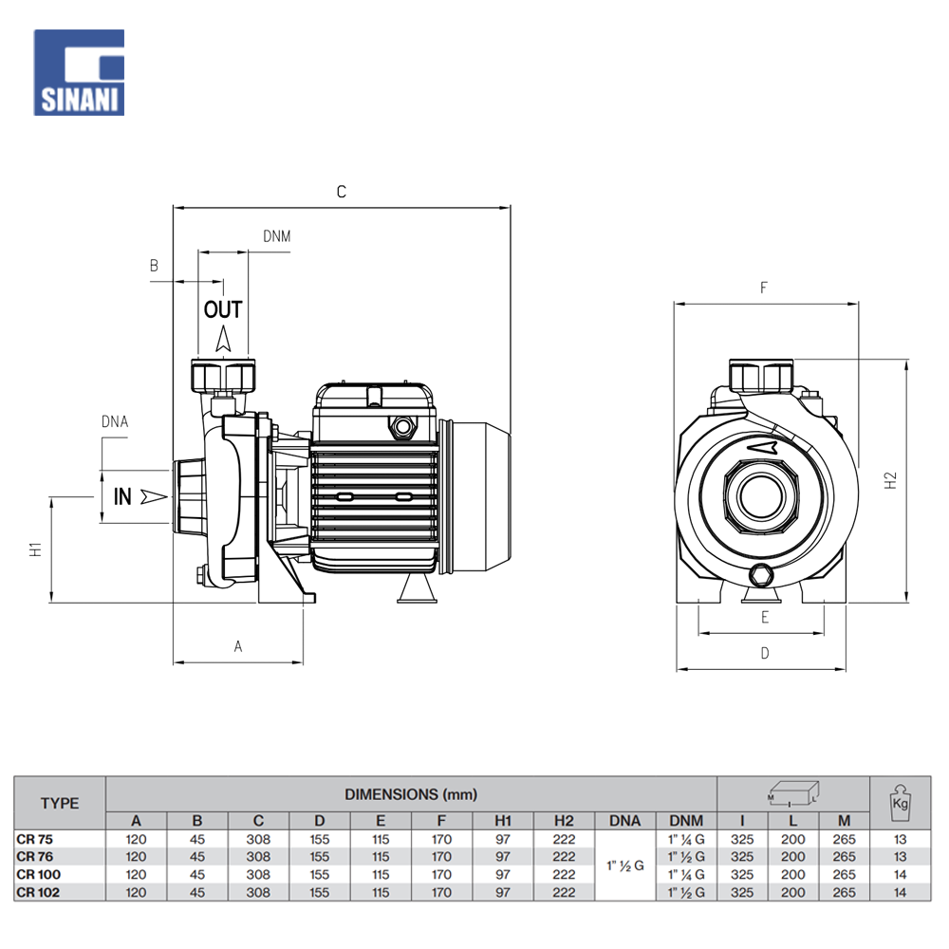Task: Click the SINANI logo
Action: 79,72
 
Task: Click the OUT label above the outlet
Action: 223,309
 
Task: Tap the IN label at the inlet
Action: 123,495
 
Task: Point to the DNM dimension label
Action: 276,235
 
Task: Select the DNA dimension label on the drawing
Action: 114,421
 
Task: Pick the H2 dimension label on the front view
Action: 889,480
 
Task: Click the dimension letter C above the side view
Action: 342,192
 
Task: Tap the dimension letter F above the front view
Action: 764,288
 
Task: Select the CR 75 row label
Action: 34,839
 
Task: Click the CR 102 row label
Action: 37,892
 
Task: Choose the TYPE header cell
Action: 60,803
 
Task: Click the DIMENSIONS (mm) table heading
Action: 411,793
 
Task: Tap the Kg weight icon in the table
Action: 900,803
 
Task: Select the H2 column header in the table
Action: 564,821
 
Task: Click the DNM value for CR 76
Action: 685,857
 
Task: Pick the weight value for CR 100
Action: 900,874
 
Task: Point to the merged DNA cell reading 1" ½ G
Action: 624,865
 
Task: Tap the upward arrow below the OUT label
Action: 224,340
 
